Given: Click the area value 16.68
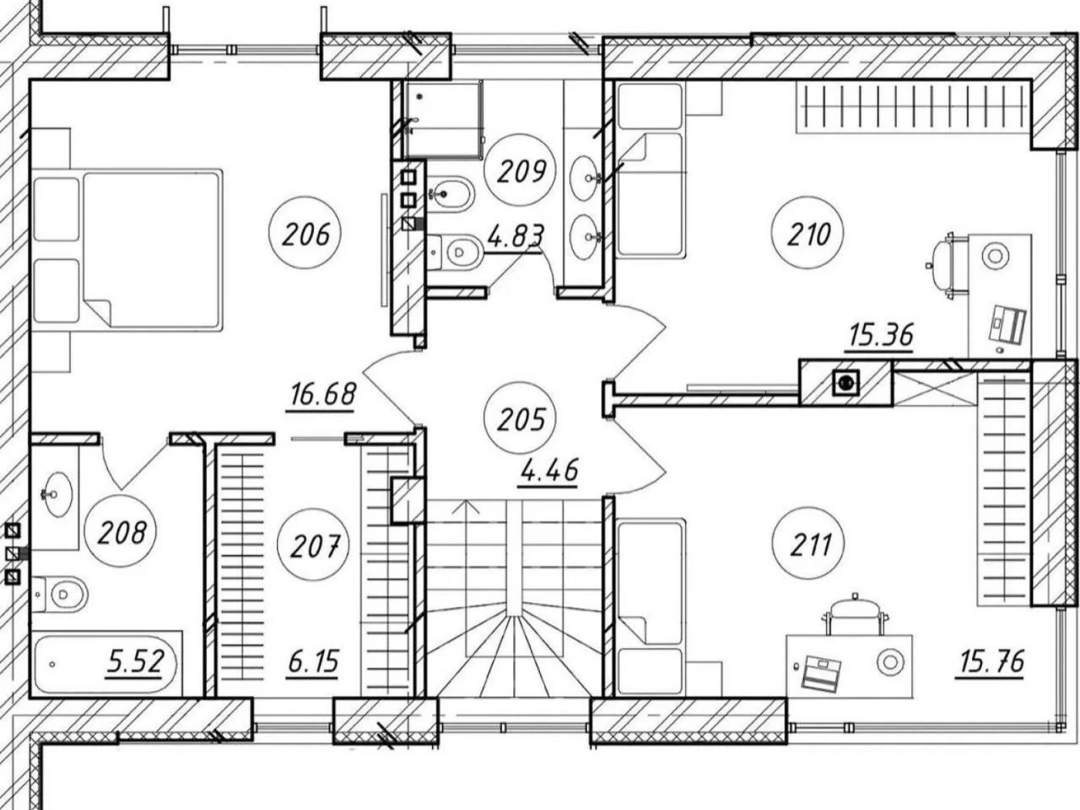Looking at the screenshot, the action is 322,395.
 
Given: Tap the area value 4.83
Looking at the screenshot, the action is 516,236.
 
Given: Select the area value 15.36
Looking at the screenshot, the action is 881,335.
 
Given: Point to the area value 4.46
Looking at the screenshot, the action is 548,471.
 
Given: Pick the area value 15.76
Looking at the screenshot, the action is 991,661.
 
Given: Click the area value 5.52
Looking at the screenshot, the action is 135,661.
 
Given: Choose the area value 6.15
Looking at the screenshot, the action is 313,661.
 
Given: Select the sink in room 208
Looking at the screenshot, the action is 58,494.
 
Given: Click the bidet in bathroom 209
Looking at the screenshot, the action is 451,194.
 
